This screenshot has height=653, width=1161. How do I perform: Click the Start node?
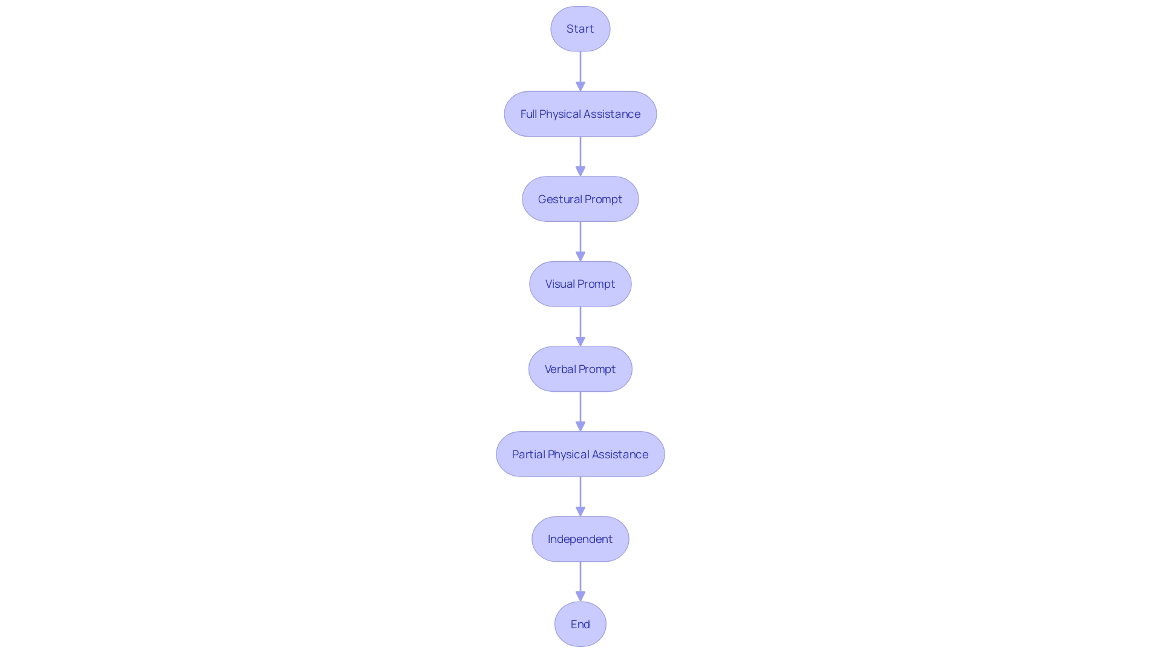pyautogui.click(x=580, y=29)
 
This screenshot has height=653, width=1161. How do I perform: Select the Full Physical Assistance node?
pyautogui.click(x=580, y=114)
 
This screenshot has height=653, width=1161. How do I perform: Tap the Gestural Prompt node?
pyautogui.click(x=580, y=199)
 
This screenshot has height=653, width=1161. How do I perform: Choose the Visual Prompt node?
pyautogui.click(x=580, y=284)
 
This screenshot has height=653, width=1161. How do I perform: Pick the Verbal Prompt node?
pyautogui.click(x=580, y=369)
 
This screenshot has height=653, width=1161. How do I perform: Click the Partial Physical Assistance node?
pyautogui.click(x=580, y=454)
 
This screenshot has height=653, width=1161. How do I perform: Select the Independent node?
pyautogui.click(x=580, y=539)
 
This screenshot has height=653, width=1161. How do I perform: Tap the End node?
pyautogui.click(x=580, y=624)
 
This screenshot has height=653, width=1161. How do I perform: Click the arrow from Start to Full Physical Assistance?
pyautogui.click(x=580, y=71)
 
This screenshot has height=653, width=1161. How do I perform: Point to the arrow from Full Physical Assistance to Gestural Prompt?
pyautogui.click(x=580, y=156)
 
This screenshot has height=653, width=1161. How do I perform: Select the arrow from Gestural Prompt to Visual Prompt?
pyautogui.click(x=580, y=241)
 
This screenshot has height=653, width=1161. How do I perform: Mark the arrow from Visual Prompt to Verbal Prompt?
pyautogui.click(x=580, y=326)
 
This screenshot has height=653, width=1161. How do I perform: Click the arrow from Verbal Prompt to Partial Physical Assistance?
pyautogui.click(x=580, y=411)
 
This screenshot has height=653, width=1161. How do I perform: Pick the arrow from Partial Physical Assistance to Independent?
pyautogui.click(x=580, y=496)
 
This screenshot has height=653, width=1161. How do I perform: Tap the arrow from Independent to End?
pyautogui.click(x=580, y=581)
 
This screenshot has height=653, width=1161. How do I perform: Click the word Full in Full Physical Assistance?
pyautogui.click(x=528, y=114)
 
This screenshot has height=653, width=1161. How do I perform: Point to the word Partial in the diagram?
pyautogui.click(x=528, y=454)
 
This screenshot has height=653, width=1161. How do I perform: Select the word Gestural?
pyautogui.click(x=560, y=199)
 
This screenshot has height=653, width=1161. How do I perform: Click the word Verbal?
pyautogui.click(x=560, y=369)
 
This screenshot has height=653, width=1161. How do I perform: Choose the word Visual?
pyautogui.click(x=560, y=284)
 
